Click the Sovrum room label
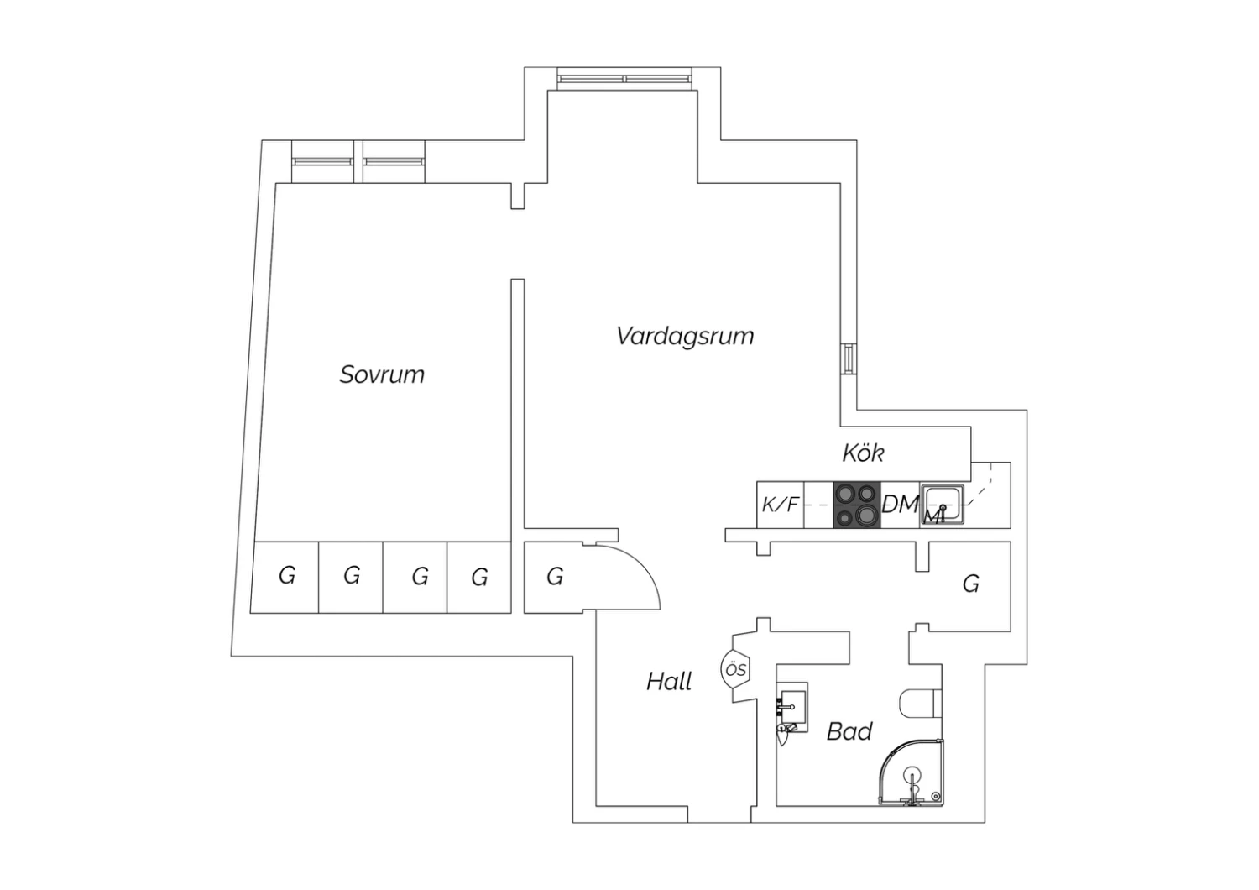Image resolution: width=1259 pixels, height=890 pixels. pos(382,374)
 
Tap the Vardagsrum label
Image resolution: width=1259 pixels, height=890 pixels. pos(685,337)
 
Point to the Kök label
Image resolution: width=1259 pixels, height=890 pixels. pos(863,453)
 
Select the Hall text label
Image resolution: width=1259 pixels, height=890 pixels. pos(669,682)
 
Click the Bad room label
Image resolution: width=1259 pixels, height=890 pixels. pos(849,730)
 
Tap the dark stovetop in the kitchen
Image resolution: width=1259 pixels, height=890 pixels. pos(857,505)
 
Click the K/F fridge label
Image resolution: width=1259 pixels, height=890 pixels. pos(780,505)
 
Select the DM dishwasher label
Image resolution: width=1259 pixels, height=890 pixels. pos(901,505)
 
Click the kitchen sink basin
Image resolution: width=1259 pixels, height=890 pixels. pos(942,505)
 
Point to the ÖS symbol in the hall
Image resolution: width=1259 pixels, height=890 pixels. pos(736,670)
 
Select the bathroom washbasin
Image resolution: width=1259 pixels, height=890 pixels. pos(792,707)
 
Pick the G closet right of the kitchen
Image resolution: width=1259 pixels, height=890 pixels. pos(970,584)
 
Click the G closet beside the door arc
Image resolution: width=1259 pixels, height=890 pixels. pos(555,577)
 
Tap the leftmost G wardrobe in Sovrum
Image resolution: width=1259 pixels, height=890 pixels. pos(287,576)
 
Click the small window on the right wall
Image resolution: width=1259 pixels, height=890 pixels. pos(848,359)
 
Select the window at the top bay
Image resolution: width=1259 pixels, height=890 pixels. pos(624,79)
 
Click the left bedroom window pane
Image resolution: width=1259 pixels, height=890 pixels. pos(322,161)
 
